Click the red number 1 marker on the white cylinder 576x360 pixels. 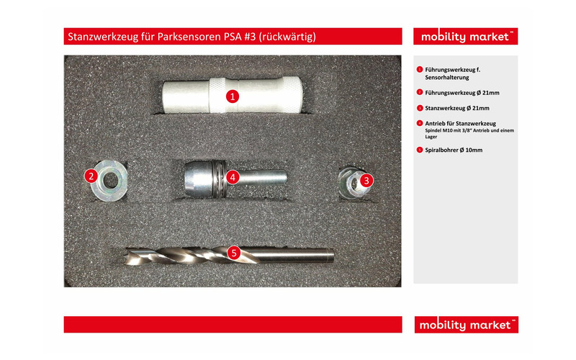coord(232,95)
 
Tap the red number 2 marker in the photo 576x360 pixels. coord(91,175)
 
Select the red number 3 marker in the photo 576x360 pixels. coord(366,180)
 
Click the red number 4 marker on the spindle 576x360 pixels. coord(233,176)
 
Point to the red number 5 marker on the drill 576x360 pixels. coord(233,253)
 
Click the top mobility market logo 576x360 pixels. coord(465,37)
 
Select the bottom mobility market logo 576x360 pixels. coord(465,325)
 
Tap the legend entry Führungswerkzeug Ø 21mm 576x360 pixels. coord(461,92)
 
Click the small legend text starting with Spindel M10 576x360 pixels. coord(466,130)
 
